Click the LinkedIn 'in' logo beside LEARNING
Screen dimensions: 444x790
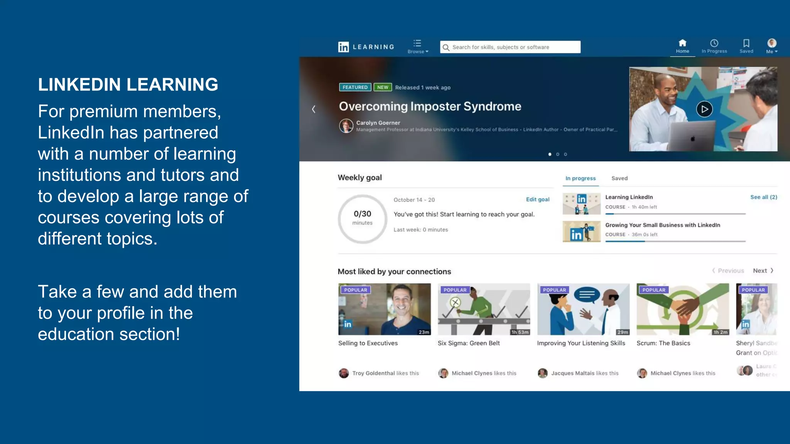click(x=343, y=47)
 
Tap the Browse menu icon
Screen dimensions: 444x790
click(x=417, y=43)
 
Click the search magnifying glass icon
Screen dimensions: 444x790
click(x=446, y=47)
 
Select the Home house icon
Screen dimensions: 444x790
click(x=682, y=43)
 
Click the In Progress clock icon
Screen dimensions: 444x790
click(x=714, y=43)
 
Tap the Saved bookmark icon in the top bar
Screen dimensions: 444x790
click(x=746, y=43)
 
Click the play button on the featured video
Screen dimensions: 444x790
click(x=704, y=109)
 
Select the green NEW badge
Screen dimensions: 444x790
click(x=383, y=87)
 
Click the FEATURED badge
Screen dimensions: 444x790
click(x=355, y=87)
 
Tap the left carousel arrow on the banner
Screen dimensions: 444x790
click(x=314, y=109)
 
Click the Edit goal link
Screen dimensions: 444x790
click(x=537, y=199)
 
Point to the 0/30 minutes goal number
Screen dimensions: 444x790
click(x=362, y=214)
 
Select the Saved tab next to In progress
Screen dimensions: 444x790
click(x=619, y=178)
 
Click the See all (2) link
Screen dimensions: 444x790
click(x=763, y=197)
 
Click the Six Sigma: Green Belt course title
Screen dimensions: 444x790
click(x=468, y=343)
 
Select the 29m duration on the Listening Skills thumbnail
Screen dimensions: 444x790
click(x=622, y=332)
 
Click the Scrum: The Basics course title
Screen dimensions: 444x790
click(x=663, y=343)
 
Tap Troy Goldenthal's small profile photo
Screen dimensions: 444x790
click(x=344, y=373)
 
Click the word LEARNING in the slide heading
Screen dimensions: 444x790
click(x=172, y=85)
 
